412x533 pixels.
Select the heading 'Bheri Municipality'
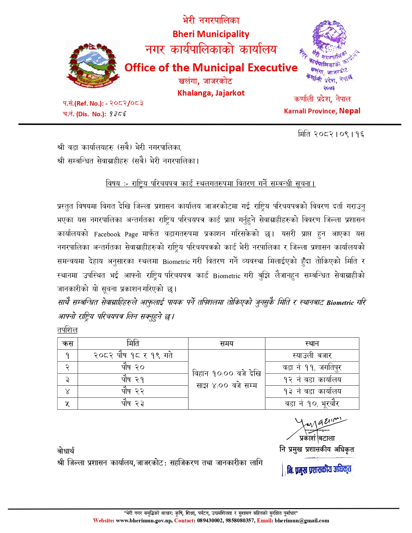coord(211,34)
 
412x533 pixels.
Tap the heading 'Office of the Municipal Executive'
coord(211,68)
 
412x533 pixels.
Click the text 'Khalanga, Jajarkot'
coord(211,93)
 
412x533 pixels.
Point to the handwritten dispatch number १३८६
coord(118,114)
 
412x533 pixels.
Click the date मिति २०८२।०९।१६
coord(331,134)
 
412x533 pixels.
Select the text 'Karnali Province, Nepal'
coord(322,111)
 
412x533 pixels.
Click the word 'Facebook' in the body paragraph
coord(107,234)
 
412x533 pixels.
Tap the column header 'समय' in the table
coord(226,344)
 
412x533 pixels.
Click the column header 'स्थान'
coord(312,344)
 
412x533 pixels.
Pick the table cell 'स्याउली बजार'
coord(312,356)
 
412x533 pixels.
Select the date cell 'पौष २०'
coord(133,368)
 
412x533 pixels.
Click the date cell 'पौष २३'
coord(133,403)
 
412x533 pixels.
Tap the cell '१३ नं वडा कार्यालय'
coord(312,392)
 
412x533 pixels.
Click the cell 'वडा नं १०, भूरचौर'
coord(312,403)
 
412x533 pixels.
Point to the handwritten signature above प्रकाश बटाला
coord(318,426)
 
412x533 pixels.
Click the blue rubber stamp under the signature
coord(318,469)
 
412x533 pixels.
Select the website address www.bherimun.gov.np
coord(144,520)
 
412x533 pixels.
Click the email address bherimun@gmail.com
coord(302,520)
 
